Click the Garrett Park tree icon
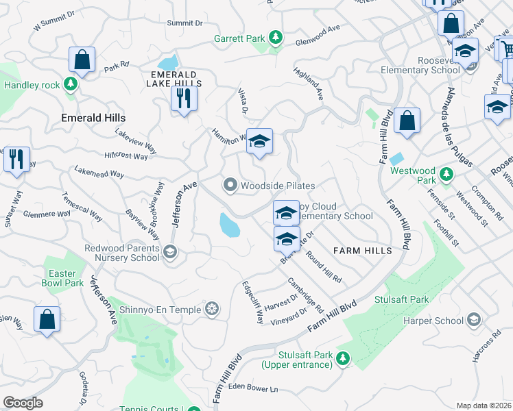[276, 37]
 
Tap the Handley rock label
[32, 85]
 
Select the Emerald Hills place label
[93, 118]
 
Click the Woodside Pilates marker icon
[230, 186]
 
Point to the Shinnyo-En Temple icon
[213, 310]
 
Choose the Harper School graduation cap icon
[473, 320]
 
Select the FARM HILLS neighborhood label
[363, 251]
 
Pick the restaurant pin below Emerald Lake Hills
[184, 98]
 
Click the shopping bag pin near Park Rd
[82, 60]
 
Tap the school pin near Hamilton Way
[259, 142]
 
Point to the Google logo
[23, 403]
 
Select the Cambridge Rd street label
[305, 294]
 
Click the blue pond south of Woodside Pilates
[230, 224]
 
